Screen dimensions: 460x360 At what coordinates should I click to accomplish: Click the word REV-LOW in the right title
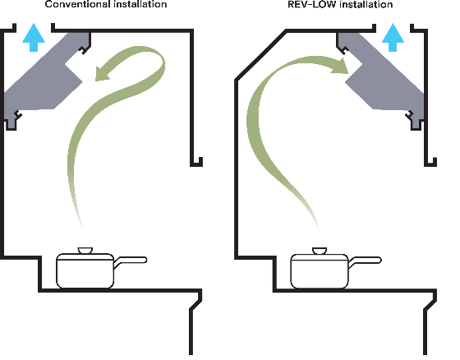[311, 4]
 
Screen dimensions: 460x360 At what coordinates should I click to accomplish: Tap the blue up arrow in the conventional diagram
[34, 38]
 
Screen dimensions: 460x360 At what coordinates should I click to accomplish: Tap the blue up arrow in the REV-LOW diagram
[393, 38]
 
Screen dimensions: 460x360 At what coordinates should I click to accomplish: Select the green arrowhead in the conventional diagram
[103, 73]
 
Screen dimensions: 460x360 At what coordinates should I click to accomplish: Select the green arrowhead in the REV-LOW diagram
[340, 67]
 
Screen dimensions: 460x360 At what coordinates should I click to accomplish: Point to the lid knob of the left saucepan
[85, 251]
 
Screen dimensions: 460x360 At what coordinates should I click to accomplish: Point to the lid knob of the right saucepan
[320, 251]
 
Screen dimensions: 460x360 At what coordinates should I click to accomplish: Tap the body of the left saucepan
[85, 270]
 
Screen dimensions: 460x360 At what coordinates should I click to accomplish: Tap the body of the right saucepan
[320, 270]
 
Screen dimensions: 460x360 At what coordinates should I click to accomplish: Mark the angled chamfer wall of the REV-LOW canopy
[261, 54]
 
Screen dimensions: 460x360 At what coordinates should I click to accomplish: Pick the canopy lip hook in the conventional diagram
[196, 162]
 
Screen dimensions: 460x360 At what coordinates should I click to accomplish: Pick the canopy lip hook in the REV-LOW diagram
[430, 162]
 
